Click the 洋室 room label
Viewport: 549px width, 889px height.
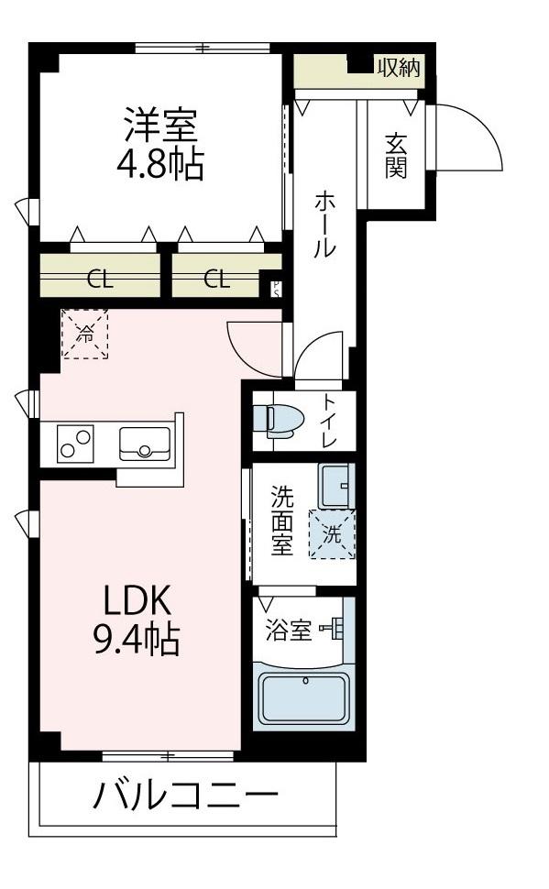coord(160,125)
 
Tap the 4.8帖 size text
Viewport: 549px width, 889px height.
coord(160,164)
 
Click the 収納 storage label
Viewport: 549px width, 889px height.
coord(400,68)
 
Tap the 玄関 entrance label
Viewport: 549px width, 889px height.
coord(395,156)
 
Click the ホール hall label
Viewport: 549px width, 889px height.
coord(325,225)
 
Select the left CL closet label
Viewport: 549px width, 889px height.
coord(100,280)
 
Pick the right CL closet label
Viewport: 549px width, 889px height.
coord(216,279)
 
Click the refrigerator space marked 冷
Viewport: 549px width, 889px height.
coord(85,334)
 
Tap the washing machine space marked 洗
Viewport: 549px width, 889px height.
coord(332,534)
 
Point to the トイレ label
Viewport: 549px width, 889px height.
coord(330,420)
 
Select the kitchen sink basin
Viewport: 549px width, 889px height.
coord(145,444)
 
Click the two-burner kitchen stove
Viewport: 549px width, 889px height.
coord(75,444)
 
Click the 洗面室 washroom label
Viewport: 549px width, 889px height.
coord(282,521)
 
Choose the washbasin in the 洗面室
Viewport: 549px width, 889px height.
coord(335,486)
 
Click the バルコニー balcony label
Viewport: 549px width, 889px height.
coord(185,795)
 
